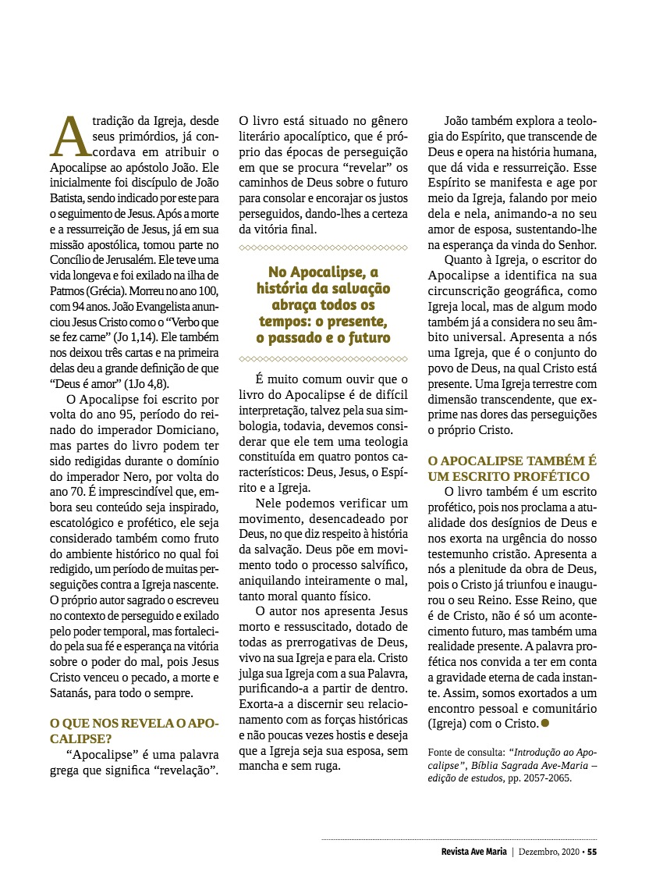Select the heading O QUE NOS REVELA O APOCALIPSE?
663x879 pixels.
point(133,730)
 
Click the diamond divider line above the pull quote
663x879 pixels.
point(323,247)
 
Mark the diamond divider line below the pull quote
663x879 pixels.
point(323,359)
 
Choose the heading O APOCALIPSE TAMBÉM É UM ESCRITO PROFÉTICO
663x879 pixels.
point(512,468)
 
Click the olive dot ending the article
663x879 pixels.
point(546,723)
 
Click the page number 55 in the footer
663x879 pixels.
point(592,852)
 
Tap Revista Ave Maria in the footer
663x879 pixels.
point(473,852)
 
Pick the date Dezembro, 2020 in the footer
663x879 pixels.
point(548,852)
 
